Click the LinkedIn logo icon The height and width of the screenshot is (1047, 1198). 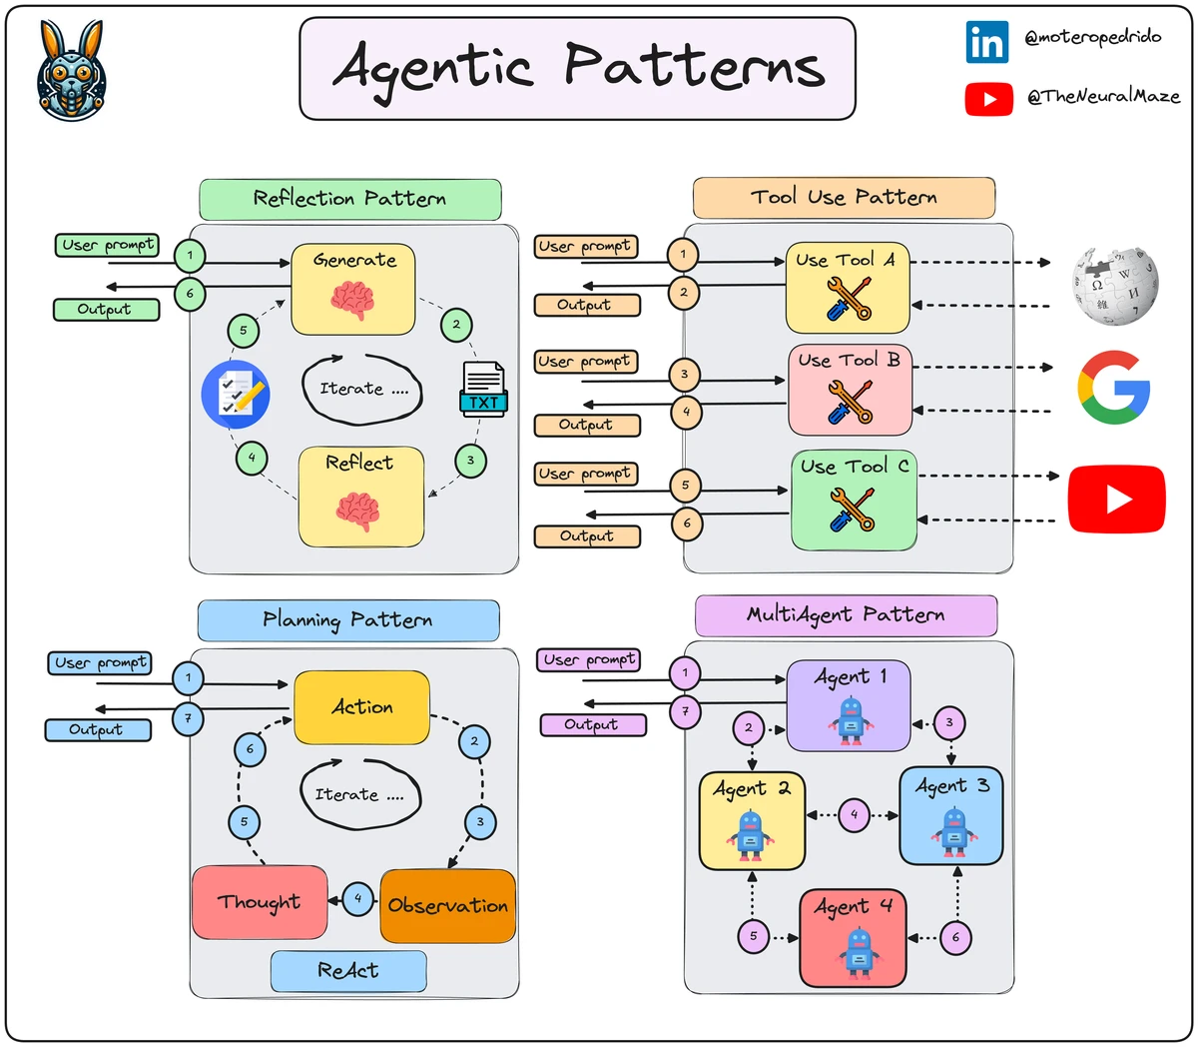click(986, 42)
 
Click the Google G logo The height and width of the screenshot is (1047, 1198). click(1114, 388)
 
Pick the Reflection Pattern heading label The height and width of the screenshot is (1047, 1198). click(349, 199)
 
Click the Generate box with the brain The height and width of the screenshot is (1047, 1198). click(352, 289)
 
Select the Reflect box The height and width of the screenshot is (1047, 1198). click(360, 497)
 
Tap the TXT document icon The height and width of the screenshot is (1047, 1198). click(483, 390)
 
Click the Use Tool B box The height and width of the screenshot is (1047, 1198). click(850, 390)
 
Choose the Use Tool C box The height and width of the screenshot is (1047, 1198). click(854, 500)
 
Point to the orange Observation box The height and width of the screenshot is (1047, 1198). click(447, 905)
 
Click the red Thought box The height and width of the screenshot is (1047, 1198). click(260, 902)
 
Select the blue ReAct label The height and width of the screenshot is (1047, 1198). click(348, 970)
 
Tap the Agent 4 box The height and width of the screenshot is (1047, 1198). click(853, 937)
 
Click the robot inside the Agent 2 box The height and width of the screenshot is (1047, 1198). click(750, 835)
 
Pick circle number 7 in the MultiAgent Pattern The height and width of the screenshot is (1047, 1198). click(685, 713)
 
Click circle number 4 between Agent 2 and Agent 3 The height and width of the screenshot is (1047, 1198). click(854, 814)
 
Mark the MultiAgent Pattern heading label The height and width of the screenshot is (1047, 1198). click(845, 614)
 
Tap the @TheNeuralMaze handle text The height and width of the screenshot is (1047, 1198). click(1103, 97)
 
